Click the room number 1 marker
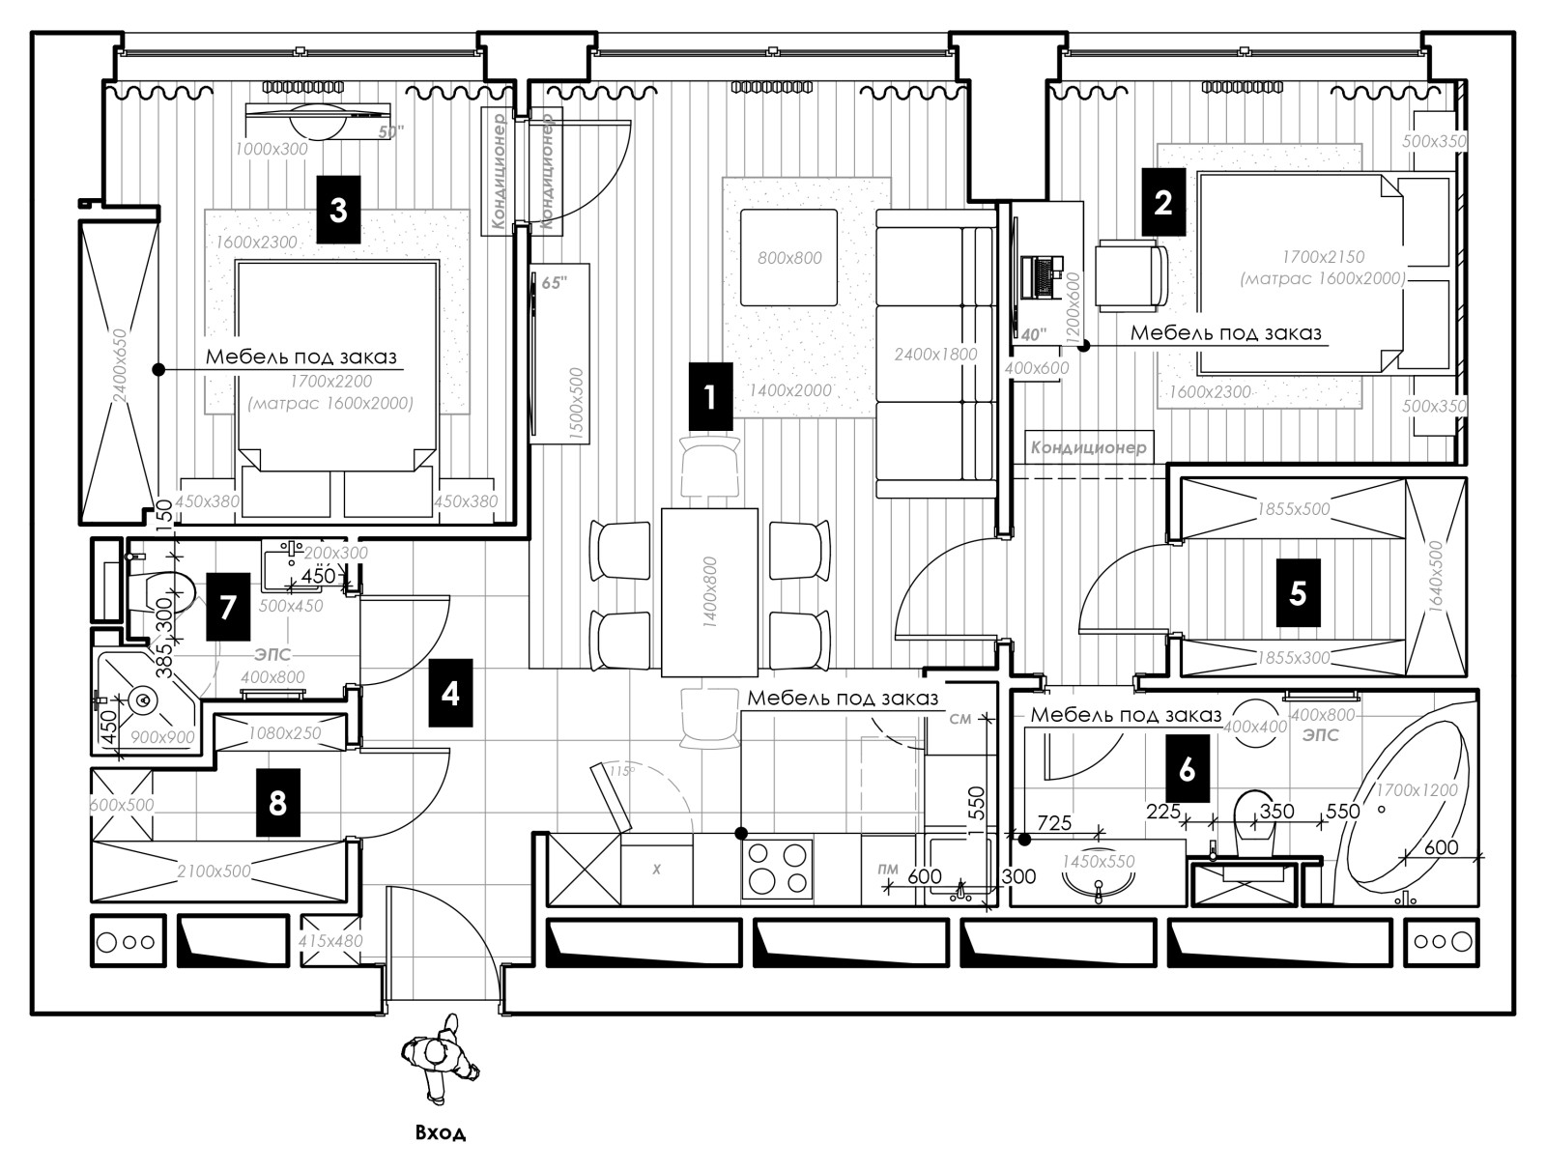pos(710,396)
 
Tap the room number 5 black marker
pos(1298,592)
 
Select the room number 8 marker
pos(277,802)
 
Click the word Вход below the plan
pos(440,1132)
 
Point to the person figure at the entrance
pos(441,1057)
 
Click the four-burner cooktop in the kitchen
pos(777,869)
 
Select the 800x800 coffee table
pos(788,258)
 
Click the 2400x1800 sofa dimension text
pos(935,354)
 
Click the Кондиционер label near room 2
pos(1088,447)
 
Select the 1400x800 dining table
pos(709,591)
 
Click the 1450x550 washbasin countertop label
pos(1098,862)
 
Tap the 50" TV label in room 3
pos(390,132)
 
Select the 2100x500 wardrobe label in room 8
pos(214,871)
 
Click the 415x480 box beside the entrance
pos(330,940)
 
